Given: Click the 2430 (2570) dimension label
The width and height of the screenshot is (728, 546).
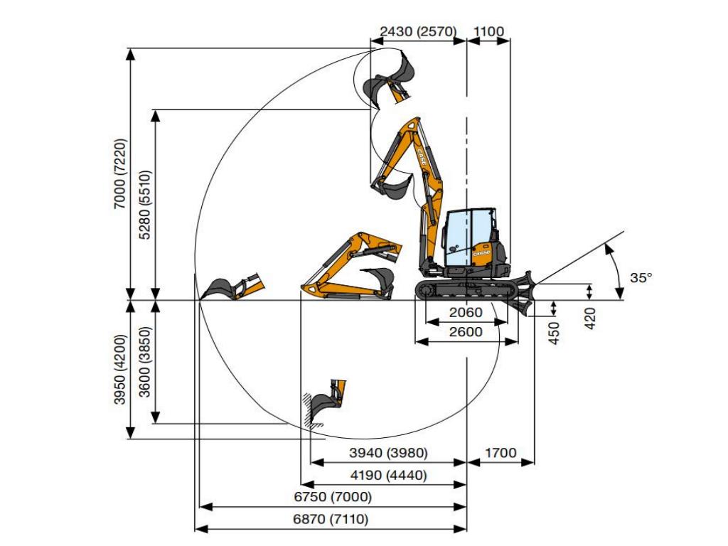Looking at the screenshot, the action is point(418,31).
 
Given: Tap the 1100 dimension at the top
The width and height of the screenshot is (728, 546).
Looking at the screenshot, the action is point(489,31).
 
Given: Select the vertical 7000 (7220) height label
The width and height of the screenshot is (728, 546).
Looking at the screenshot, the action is point(119,173).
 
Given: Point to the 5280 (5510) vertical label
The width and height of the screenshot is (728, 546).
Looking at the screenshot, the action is point(145,205).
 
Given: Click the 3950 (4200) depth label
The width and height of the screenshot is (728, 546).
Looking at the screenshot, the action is point(119,369).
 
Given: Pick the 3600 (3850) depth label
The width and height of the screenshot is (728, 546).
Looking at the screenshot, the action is point(145,362).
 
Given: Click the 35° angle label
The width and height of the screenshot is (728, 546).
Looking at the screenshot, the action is point(641,278).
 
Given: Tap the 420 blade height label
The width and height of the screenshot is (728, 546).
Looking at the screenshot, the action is point(589,318).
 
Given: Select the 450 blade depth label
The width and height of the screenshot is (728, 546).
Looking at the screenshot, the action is point(555,333).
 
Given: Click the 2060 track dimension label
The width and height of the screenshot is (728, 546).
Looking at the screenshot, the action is point(466,312).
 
